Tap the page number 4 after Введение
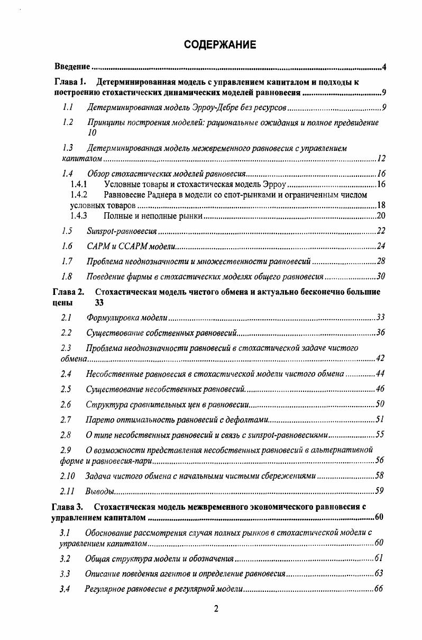point(384,67)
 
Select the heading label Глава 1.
point(70,83)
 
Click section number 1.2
point(68,123)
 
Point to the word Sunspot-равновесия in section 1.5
point(122,231)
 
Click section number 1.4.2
point(79,195)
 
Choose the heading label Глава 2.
point(68,292)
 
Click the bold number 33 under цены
point(99,303)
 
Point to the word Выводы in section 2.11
point(100,491)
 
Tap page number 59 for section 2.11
point(379,491)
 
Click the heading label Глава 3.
point(67,507)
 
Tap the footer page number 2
point(216,609)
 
